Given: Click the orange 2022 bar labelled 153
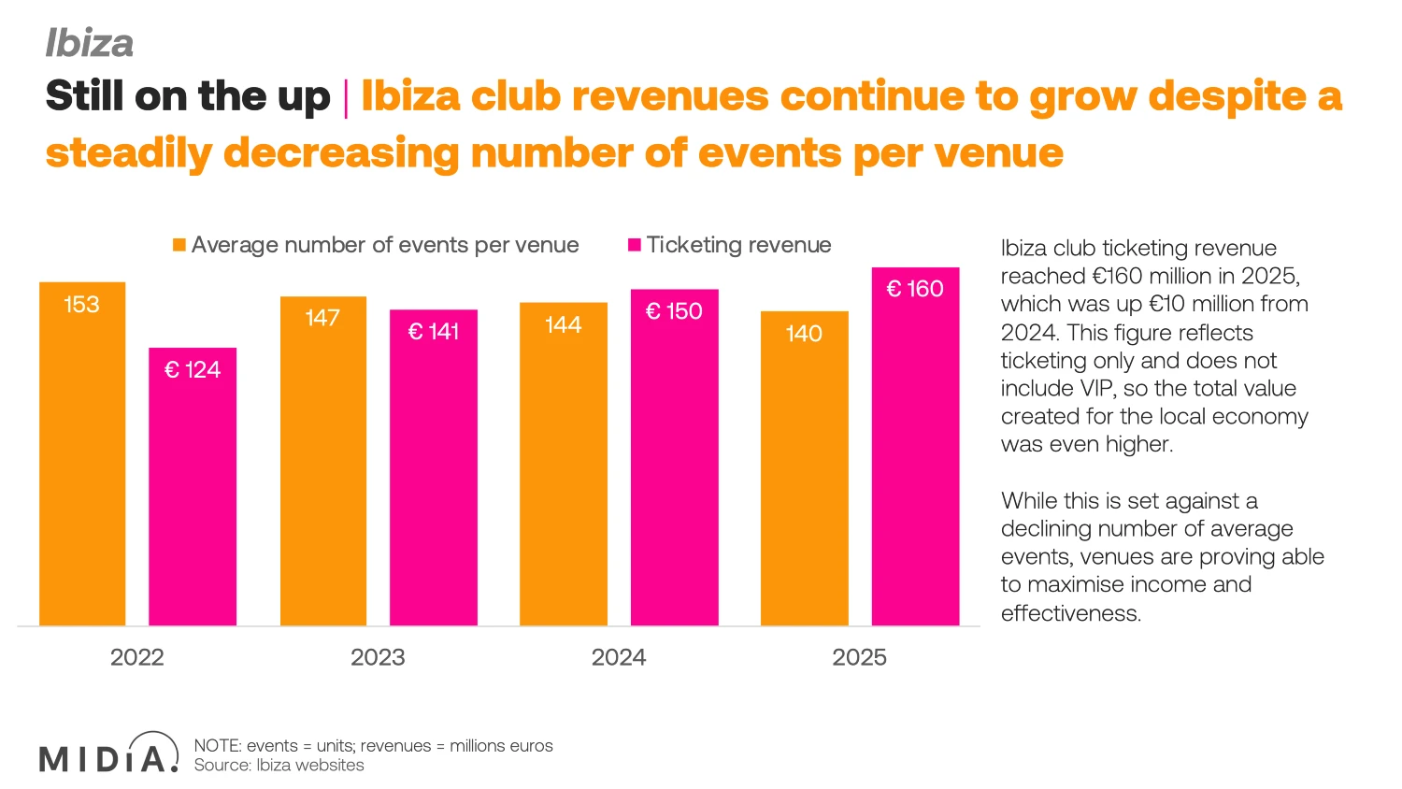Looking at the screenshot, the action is pyautogui.click(x=82, y=454).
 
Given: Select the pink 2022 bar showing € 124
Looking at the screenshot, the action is pyautogui.click(x=193, y=486).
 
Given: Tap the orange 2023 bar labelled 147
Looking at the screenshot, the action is pyautogui.click(x=323, y=461).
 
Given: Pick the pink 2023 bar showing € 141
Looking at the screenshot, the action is pyautogui.click(x=433, y=467).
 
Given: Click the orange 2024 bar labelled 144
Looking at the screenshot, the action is pyautogui.click(x=564, y=464).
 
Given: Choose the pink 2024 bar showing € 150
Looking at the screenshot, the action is pyautogui.click(x=674, y=457).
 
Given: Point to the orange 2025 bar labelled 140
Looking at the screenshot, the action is pyautogui.click(x=804, y=468).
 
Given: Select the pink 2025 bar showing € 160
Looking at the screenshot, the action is pyautogui.click(x=915, y=447).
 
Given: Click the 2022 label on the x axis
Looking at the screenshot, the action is pyautogui.click(x=137, y=657).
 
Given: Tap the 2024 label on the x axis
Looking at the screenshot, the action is pyautogui.click(x=619, y=657).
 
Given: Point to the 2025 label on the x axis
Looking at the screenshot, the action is pyautogui.click(x=859, y=657).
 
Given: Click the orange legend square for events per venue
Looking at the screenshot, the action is pyautogui.click(x=179, y=245).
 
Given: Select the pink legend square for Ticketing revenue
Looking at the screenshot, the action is pyautogui.click(x=634, y=245).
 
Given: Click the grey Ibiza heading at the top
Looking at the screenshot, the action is pyautogui.click(x=90, y=43).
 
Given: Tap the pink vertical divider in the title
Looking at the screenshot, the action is pyautogui.click(x=346, y=99).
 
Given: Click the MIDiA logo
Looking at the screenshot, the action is pyautogui.click(x=109, y=752).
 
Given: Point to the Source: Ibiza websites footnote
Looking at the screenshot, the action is pyautogui.click(x=279, y=766).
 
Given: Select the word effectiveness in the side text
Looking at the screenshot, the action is pyautogui.click(x=1071, y=613).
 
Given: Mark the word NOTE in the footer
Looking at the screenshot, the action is pyautogui.click(x=217, y=746).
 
